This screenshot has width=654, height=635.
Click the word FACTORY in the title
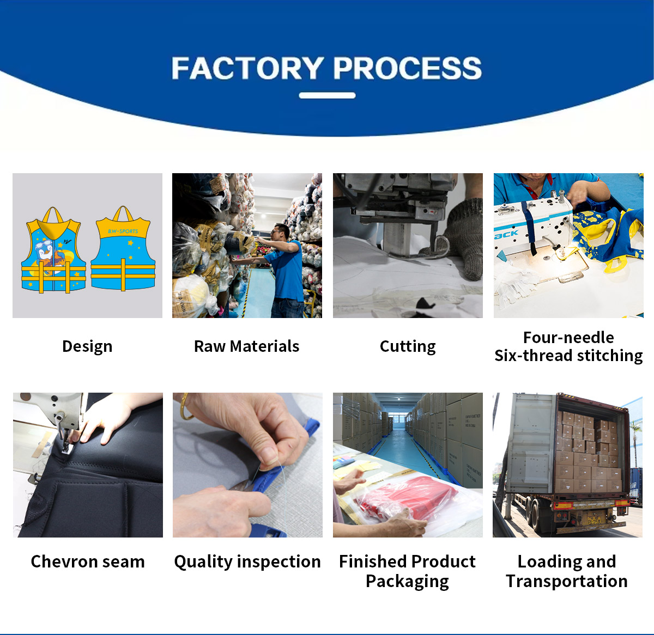[247, 68]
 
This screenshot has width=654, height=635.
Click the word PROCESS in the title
[407, 68]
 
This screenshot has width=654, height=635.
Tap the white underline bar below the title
[327, 95]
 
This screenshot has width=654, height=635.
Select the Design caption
[87, 346]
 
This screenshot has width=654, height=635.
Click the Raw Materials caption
[247, 346]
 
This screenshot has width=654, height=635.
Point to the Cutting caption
[408, 346]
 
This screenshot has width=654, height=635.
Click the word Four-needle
[568, 338]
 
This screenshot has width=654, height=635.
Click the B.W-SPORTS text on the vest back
[123, 231]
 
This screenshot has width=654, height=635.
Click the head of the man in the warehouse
[281, 231]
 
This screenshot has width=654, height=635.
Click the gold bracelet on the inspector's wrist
[184, 407]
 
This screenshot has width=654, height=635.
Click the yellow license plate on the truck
[594, 521]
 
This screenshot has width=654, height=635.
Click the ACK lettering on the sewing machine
[506, 234]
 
